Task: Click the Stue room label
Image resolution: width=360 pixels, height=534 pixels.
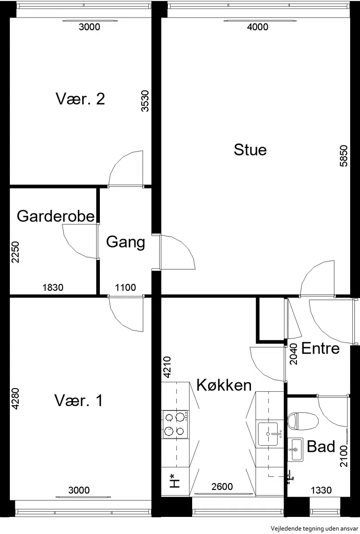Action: pyautogui.click(x=250, y=150)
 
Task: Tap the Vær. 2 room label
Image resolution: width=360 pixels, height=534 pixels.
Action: pyautogui.click(x=80, y=99)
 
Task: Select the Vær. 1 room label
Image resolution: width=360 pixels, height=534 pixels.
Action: pyautogui.click(x=79, y=401)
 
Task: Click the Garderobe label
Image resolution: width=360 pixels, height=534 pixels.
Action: pyautogui.click(x=56, y=216)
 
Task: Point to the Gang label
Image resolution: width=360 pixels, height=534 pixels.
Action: pyautogui.click(x=126, y=243)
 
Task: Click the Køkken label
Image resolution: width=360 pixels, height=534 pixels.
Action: pyautogui.click(x=224, y=385)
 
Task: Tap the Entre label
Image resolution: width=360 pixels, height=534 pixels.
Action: pyautogui.click(x=320, y=348)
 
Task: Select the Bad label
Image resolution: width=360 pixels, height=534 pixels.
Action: pyautogui.click(x=321, y=447)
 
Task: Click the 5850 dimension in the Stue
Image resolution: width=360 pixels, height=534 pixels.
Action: pyautogui.click(x=344, y=156)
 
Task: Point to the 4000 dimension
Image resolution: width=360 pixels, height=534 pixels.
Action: pyautogui.click(x=257, y=27)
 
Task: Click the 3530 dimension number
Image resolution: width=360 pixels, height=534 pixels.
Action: pyautogui.click(x=145, y=101)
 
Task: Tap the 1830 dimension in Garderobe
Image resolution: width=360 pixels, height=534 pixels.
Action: pyautogui.click(x=53, y=288)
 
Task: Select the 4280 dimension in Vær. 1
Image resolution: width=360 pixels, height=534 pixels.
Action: pyautogui.click(x=15, y=399)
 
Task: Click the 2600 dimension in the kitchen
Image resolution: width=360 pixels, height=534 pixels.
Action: pyautogui.click(x=222, y=487)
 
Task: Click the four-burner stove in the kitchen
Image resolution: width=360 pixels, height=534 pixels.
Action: pyautogui.click(x=175, y=424)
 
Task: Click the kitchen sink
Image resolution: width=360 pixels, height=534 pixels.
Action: pyautogui.click(x=268, y=434)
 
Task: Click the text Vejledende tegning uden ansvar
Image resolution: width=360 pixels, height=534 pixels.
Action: pyautogui.click(x=315, y=528)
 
